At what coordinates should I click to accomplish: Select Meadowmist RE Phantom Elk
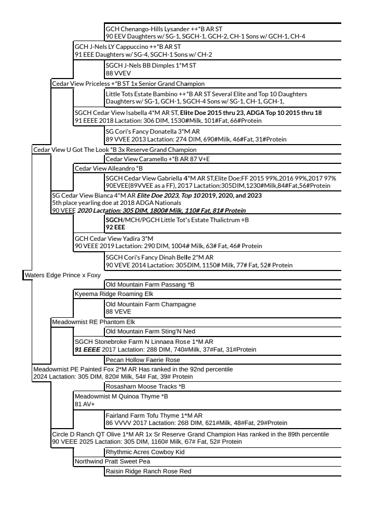86,322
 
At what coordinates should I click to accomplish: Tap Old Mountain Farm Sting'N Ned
142,331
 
